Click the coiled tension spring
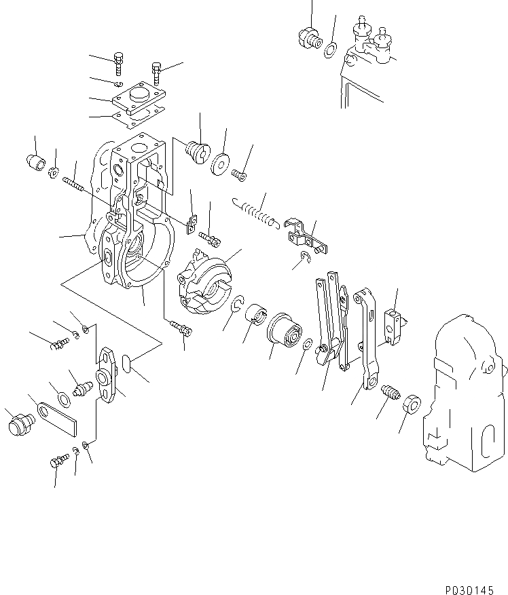click(x=253, y=212)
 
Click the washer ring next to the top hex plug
click(x=331, y=49)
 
